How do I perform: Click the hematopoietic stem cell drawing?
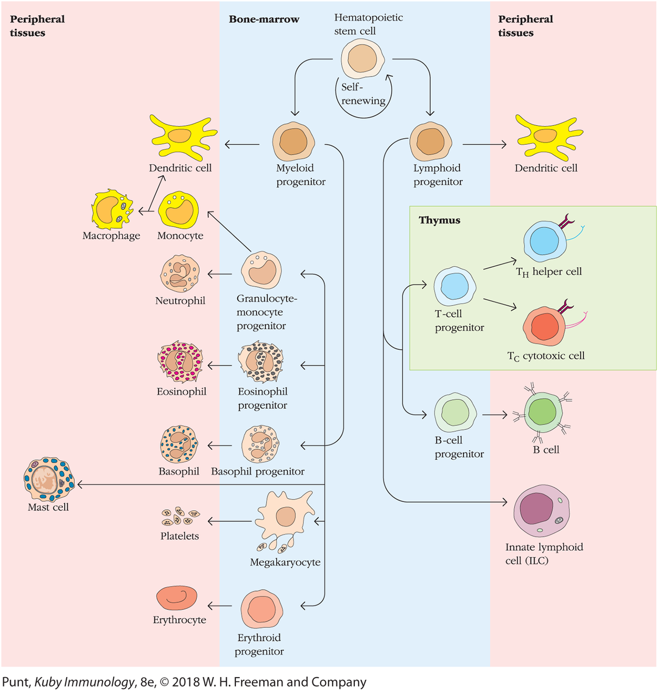(362, 59)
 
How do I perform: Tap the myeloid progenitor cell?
(293, 142)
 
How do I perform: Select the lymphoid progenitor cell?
(431, 142)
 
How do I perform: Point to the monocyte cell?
(178, 210)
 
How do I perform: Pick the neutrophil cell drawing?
(180, 274)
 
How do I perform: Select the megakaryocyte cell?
(285, 517)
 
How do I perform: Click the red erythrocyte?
(176, 598)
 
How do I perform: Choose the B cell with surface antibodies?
(541, 413)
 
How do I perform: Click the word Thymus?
(439, 220)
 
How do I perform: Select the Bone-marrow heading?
(264, 20)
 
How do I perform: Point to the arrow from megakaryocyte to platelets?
(230, 522)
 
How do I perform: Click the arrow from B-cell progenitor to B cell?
(494, 415)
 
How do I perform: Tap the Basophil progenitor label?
(258, 472)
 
